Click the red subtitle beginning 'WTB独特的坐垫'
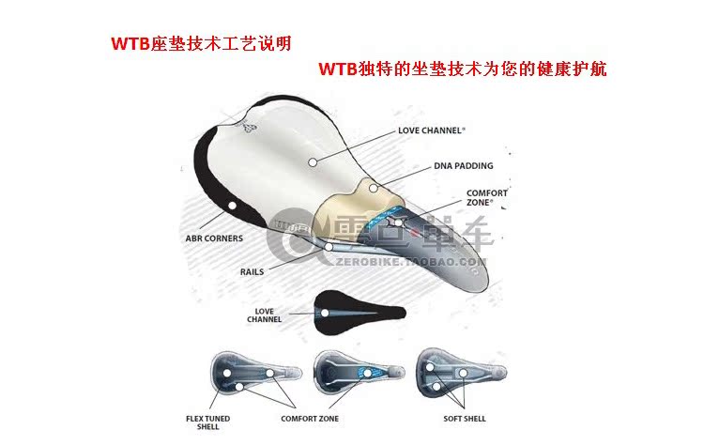click(x=463, y=69)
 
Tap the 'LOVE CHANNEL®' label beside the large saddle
click(x=433, y=130)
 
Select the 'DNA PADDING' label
click(x=463, y=166)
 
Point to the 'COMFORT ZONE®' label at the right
click(x=486, y=199)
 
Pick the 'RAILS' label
click(x=251, y=270)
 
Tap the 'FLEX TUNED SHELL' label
click(x=207, y=422)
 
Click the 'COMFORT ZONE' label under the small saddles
click(x=310, y=418)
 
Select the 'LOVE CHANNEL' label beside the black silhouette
click(x=264, y=315)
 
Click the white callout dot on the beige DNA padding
click(x=373, y=188)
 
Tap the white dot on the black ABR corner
click(x=233, y=205)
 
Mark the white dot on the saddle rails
click(x=329, y=249)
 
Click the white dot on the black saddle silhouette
click(x=326, y=313)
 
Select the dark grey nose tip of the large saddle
click(x=474, y=282)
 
